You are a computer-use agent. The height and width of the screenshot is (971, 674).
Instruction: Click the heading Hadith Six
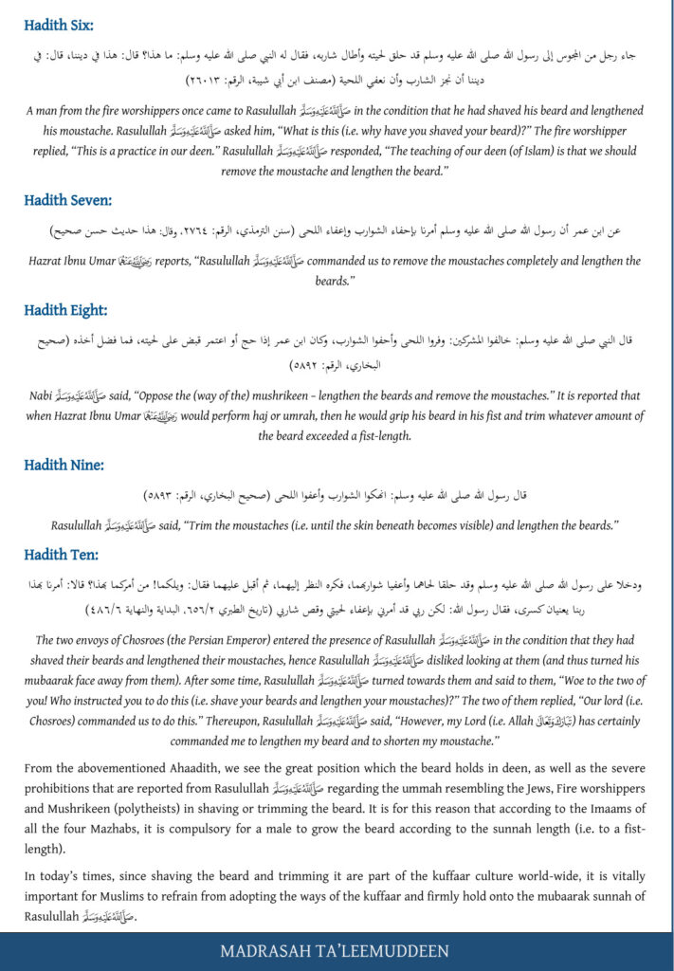[x=60, y=26]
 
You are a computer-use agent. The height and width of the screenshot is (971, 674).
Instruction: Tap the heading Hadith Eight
[x=65, y=309]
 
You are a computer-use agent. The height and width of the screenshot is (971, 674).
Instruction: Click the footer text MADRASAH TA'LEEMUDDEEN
[x=336, y=951]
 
